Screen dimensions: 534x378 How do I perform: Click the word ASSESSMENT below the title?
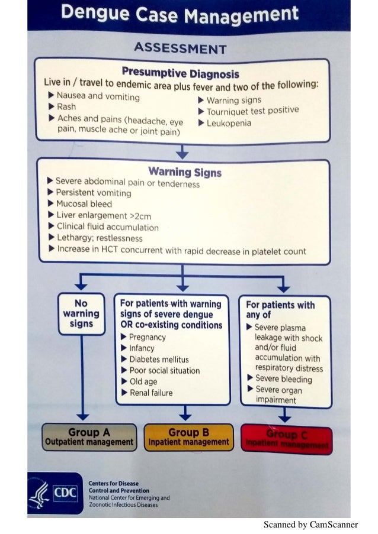coord(181,47)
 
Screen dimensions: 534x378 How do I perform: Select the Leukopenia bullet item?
coord(229,123)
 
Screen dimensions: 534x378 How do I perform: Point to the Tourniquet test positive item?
coord(252,111)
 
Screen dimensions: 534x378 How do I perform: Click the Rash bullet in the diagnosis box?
coord(66,107)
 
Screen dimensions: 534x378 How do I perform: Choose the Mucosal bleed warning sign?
coord(84,203)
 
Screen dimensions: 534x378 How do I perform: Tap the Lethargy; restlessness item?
coord(99,238)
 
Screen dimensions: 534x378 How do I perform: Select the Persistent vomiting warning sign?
coord(93,193)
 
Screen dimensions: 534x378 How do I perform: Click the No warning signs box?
coord(81,313)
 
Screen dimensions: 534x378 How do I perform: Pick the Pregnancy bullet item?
coord(147,337)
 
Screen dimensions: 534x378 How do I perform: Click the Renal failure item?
coord(150,393)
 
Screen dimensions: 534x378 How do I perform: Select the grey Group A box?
coord(89,438)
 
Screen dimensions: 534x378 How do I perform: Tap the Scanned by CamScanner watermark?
coord(310,525)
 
